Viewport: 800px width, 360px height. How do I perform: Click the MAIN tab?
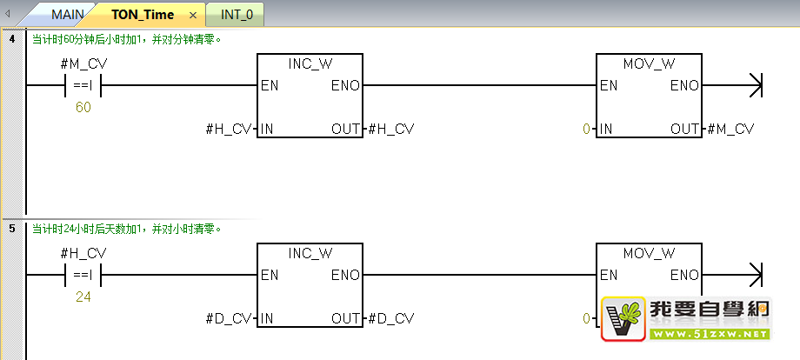pyautogui.click(x=67, y=15)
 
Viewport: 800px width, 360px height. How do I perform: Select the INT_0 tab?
pyautogui.click(x=236, y=15)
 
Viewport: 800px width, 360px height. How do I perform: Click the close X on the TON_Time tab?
pyautogui.click(x=193, y=16)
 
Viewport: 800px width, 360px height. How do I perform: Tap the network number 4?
pyautogui.click(x=10, y=39)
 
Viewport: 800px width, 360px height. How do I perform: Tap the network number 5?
pyautogui.click(x=10, y=229)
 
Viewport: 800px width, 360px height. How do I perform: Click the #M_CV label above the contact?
pyautogui.click(x=84, y=64)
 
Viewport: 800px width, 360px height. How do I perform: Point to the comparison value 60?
pyautogui.click(x=83, y=108)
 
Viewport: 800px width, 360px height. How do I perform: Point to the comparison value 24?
pyautogui.click(x=83, y=297)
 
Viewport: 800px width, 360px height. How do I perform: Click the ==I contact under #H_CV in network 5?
pyautogui.click(x=83, y=275)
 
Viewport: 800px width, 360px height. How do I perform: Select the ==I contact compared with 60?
pyautogui.click(x=83, y=86)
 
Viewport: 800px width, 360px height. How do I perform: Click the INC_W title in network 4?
pyautogui.click(x=310, y=64)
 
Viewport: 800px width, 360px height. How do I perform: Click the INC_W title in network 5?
pyautogui.click(x=310, y=253)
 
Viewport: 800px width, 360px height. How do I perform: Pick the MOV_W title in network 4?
pyautogui.click(x=650, y=64)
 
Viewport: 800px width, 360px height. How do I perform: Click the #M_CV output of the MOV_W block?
pyautogui.click(x=731, y=130)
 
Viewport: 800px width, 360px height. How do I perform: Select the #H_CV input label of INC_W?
pyautogui.click(x=229, y=130)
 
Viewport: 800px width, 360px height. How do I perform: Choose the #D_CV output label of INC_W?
pyautogui.click(x=391, y=318)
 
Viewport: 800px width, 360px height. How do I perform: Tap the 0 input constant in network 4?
pyautogui.click(x=587, y=130)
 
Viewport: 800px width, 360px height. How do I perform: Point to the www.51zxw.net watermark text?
pyautogui.click(x=709, y=334)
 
